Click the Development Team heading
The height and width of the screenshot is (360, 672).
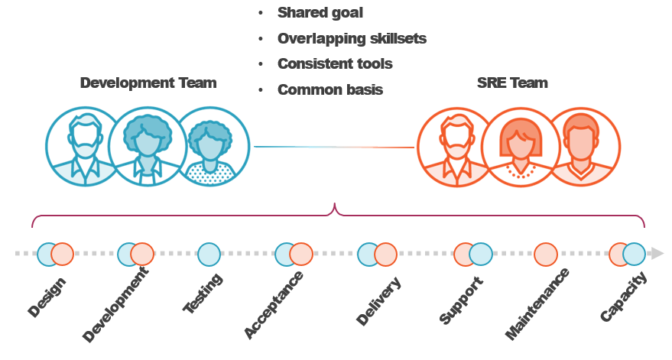[148, 83]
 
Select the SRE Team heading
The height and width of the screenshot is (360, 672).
[511, 83]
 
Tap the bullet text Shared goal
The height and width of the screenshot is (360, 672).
[320, 12]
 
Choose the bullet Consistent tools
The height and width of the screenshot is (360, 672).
[335, 63]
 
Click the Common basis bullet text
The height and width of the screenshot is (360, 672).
[330, 89]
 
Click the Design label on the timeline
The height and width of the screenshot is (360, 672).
[47, 297]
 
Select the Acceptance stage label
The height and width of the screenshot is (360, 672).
[274, 304]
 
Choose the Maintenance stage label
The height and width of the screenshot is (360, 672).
[537, 303]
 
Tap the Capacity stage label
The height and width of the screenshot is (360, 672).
[624, 297]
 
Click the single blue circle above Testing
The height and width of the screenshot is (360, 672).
[209, 254]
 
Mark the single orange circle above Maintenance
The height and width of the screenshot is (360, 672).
[546, 254]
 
